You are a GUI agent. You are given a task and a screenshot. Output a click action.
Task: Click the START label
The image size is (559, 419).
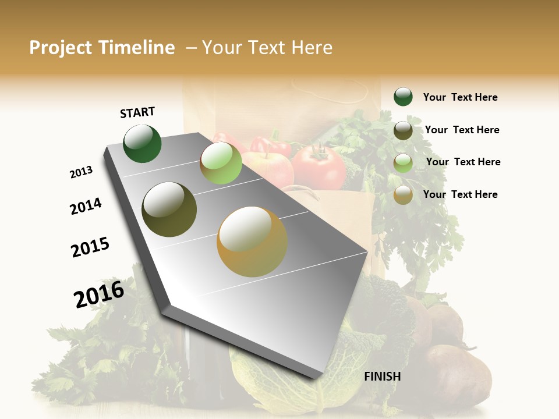point(137,112)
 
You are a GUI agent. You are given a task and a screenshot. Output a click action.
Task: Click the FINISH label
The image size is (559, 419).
point(382,377)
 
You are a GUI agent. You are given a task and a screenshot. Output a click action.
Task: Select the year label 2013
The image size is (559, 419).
point(81,172)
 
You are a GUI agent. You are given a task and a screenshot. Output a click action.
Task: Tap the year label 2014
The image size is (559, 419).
point(86,206)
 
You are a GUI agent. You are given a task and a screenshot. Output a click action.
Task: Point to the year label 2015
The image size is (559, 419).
point(90,247)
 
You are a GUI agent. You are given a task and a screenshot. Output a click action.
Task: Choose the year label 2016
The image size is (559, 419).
point(99,294)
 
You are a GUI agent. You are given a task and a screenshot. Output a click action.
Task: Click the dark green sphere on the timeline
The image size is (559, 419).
point(142,143)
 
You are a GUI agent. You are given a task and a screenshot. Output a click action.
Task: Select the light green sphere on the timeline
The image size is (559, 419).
point(221,163)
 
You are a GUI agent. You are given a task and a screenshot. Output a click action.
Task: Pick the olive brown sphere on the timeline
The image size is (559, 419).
point(169,210)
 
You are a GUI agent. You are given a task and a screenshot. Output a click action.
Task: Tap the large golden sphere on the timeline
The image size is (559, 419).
point(252,242)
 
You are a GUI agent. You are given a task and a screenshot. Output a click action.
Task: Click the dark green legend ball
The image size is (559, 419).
point(403,97)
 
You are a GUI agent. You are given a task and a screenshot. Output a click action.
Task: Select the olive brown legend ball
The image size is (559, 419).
point(403,130)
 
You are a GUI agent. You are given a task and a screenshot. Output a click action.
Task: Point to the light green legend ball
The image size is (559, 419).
point(403,163)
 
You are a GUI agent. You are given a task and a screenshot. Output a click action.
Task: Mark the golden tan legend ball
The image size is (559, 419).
point(403,196)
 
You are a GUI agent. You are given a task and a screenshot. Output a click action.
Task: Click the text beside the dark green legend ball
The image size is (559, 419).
point(460,97)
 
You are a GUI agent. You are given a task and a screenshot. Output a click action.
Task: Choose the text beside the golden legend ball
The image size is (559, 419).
point(460,194)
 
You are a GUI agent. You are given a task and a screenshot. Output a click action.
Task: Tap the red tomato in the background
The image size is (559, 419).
point(319,166)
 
